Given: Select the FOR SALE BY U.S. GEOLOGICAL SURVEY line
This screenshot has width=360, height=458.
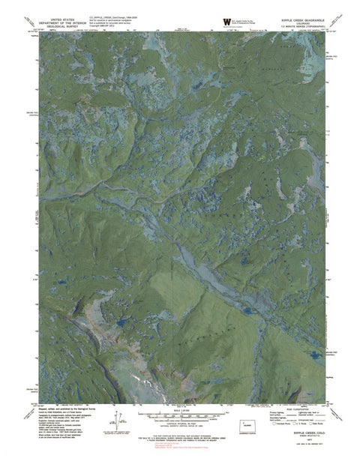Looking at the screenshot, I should tap(180, 437).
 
